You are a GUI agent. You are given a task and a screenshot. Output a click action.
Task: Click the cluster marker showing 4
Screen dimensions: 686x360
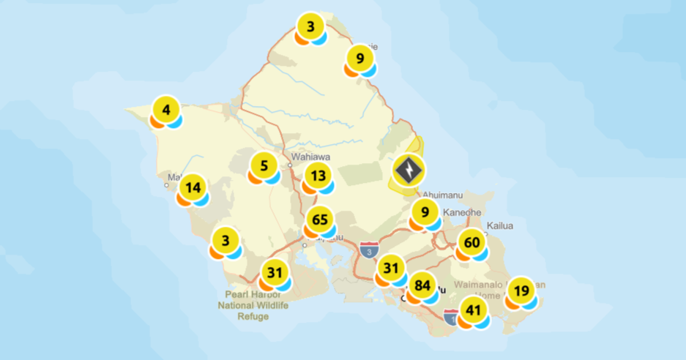pyautogui.click(x=166, y=111)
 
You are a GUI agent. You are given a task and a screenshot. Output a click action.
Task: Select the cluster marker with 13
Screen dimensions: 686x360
pyautogui.click(x=318, y=176)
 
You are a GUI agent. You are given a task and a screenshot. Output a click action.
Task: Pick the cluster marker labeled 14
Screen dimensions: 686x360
pyautogui.click(x=193, y=187)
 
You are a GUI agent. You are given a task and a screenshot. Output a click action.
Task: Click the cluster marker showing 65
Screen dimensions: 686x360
pyautogui.click(x=320, y=220)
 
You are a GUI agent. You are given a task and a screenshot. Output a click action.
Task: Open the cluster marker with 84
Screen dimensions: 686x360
pyautogui.click(x=422, y=285)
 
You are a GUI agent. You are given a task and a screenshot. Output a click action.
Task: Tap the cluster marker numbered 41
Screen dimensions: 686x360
pyautogui.click(x=474, y=310)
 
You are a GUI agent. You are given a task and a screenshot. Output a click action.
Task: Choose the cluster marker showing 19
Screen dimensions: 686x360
pyautogui.click(x=521, y=290)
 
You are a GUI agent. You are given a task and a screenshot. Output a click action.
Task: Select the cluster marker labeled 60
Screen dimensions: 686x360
pyautogui.click(x=472, y=242)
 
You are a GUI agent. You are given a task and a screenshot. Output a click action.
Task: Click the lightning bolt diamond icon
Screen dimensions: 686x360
pyautogui.click(x=408, y=170)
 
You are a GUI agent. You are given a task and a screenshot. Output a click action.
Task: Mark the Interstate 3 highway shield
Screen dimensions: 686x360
pyautogui.click(x=370, y=250)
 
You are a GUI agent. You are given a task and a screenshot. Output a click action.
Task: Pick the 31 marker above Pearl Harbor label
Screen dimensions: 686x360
pyautogui.click(x=275, y=274)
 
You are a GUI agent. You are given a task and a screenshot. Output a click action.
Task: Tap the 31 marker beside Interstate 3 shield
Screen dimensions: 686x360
pyautogui.click(x=391, y=268)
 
